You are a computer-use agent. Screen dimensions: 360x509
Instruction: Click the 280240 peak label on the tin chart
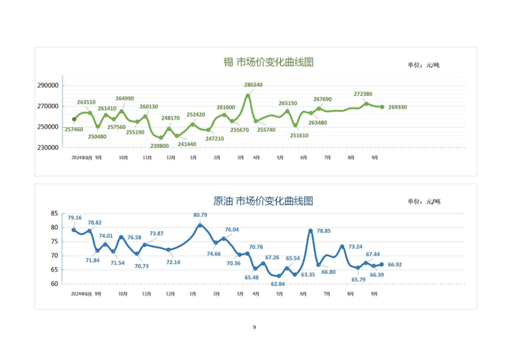(x=253, y=85)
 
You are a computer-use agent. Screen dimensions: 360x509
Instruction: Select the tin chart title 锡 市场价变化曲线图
(x=269, y=62)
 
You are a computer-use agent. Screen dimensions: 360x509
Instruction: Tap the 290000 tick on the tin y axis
(x=48, y=85)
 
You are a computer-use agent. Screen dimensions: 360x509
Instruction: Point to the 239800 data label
(x=159, y=146)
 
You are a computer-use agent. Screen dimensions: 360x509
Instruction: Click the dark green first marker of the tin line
(x=74, y=119)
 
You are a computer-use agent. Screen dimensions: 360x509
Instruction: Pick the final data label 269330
(x=397, y=107)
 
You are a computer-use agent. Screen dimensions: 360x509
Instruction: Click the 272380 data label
(x=363, y=94)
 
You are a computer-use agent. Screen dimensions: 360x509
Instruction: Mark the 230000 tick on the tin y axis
(x=48, y=147)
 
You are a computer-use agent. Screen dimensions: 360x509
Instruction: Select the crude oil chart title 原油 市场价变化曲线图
(x=263, y=201)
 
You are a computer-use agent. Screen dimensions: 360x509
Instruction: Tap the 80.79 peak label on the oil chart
(x=200, y=215)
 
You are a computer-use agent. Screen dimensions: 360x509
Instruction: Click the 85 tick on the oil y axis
(x=54, y=214)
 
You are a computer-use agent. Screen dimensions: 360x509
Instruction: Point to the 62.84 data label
(x=278, y=284)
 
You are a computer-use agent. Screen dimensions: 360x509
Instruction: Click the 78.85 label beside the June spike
(x=323, y=231)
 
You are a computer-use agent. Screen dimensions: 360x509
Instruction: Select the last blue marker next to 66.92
(x=381, y=264)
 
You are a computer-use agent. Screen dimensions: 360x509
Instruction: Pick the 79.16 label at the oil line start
(x=74, y=218)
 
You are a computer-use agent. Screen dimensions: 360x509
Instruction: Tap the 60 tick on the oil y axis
(x=54, y=284)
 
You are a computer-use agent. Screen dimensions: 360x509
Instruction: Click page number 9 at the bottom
(x=254, y=327)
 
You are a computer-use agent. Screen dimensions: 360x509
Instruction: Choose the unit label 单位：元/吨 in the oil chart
(x=424, y=201)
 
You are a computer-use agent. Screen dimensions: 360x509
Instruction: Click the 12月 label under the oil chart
(x=170, y=294)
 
